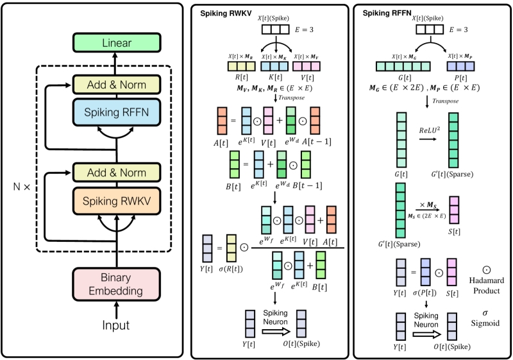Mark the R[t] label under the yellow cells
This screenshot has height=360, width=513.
click(x=240, y=76)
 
